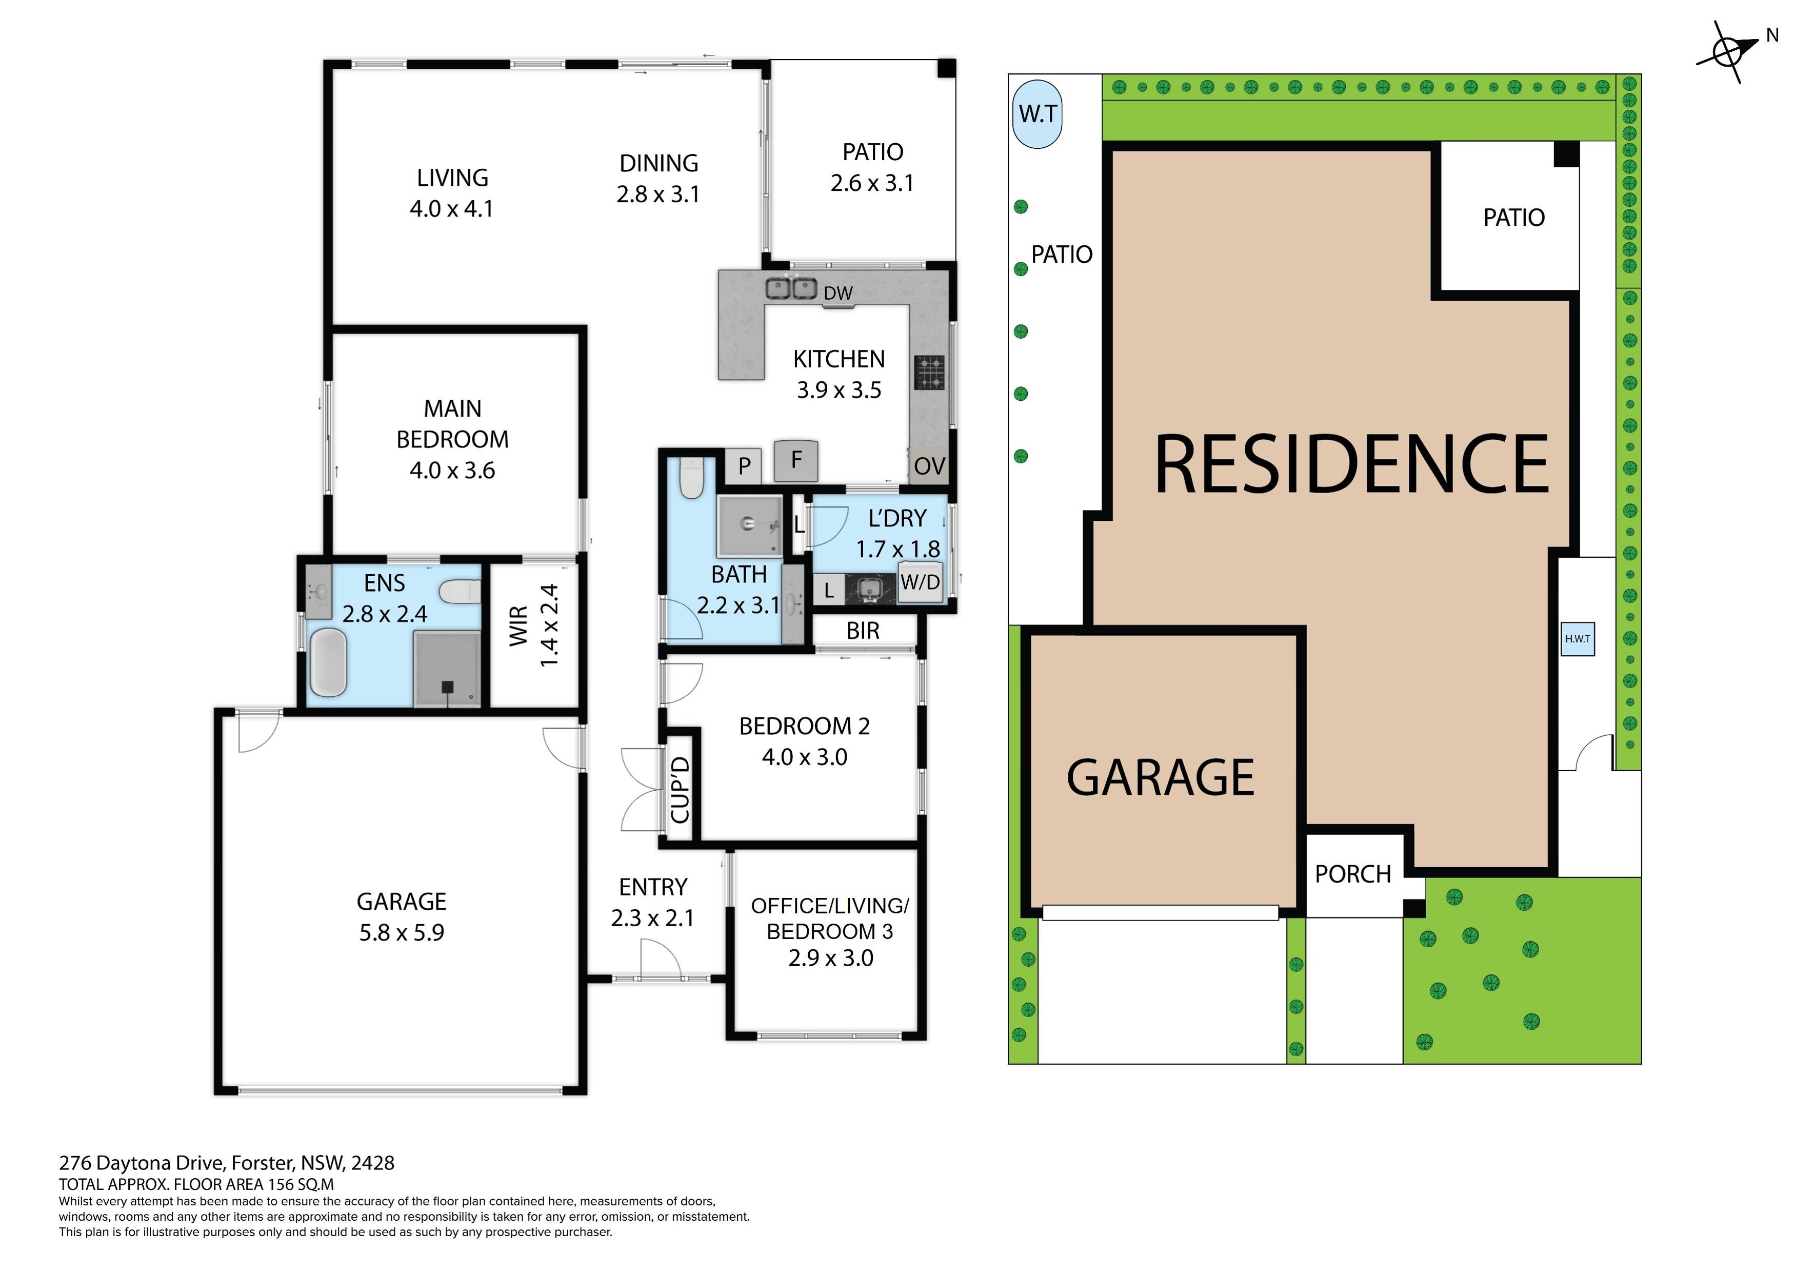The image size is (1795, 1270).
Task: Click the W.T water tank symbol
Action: coord(1038,114)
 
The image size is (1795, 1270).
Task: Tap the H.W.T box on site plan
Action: coord(1577,638)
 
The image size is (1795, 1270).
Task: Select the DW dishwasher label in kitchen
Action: coord(837,294)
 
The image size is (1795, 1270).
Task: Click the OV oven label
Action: coord(929,466)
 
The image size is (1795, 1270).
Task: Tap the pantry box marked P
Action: coord(744,466)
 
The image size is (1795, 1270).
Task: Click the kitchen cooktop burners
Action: coord(929,372)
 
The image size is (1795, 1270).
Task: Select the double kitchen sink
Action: coord(791,288)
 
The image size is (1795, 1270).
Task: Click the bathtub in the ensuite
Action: coord(328,663)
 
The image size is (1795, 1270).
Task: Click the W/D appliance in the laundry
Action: coord(920,582)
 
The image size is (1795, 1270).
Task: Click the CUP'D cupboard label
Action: coord(680,790)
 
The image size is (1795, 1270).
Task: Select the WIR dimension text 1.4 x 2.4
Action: coord(550,626)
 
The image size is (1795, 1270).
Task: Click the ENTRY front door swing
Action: coord(659,960)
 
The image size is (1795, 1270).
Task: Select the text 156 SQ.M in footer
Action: coord(301,1184)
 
